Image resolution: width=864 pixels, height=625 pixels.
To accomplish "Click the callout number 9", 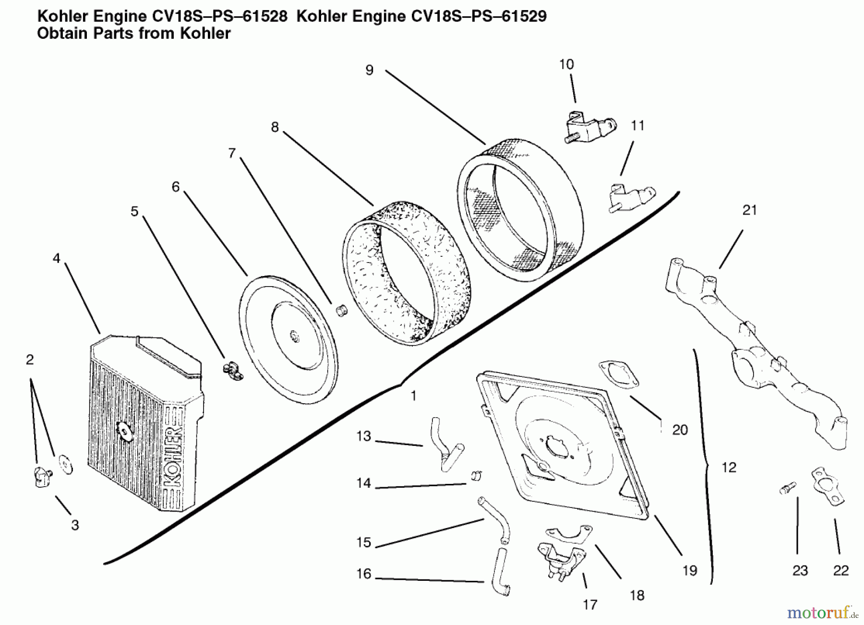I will [x=369, y=70].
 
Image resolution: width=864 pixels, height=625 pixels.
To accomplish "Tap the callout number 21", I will [x=749, y=210].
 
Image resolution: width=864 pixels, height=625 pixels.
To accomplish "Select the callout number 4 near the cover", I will [x=56, y=258].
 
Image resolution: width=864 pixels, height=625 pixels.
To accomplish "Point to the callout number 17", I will [x=590, y=605].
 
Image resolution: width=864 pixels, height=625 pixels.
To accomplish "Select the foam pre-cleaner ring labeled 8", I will [x=407, y=274].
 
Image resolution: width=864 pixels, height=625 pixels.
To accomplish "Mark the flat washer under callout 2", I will [x=65, y=464].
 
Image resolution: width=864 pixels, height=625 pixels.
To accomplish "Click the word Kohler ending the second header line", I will [x=205, y=34].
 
